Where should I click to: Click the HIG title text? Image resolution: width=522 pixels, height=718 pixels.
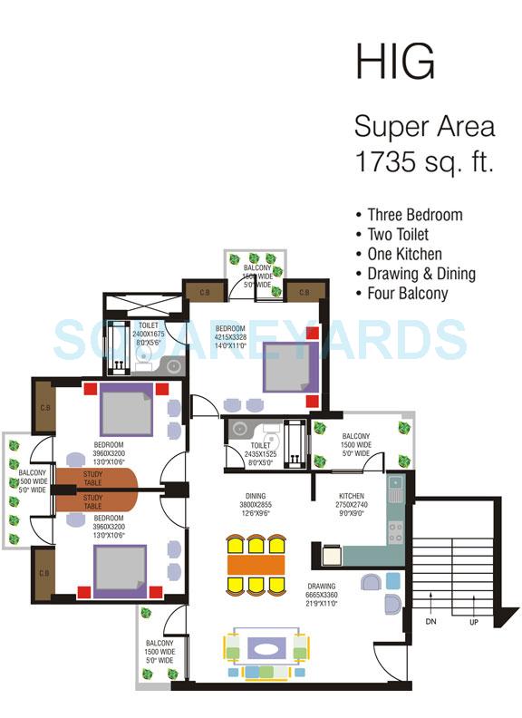pyautogui.click(x=394, y=63)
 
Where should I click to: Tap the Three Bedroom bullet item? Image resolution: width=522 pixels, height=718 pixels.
pyautogui.click(x=414, y=215)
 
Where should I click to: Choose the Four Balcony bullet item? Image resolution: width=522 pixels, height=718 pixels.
pyautogui.click(x=407, y=294)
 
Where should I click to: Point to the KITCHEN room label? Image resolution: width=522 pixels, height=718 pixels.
pyautogui.click(x=351, y=496)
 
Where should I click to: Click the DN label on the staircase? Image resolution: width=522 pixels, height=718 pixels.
pyautogui.click(x=433, y=621)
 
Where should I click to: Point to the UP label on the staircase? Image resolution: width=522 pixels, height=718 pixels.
pyautogui.click(x=472, y=621)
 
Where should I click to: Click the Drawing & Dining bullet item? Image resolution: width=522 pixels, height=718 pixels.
pyautogui.click(x=421, y=274)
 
